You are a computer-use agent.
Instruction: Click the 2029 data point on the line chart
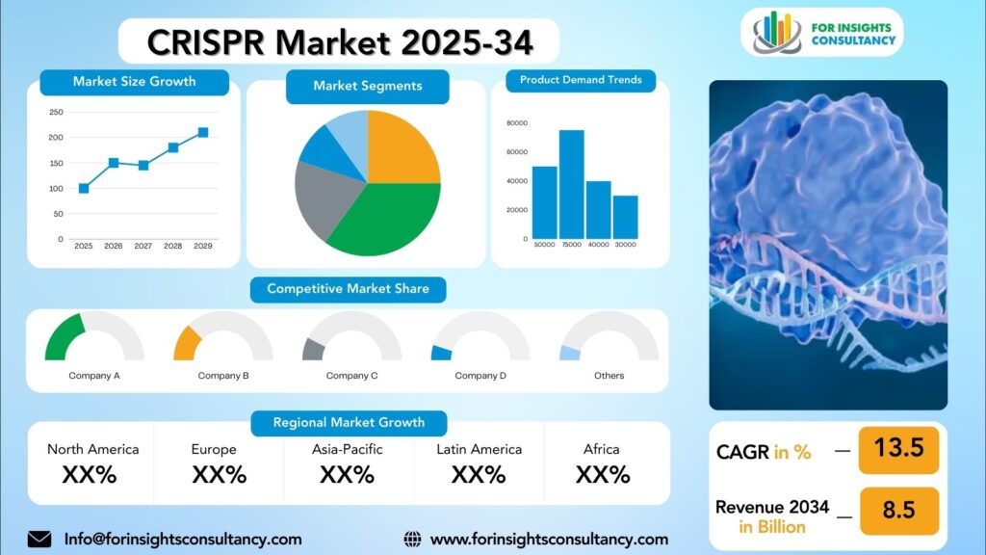pos(203,132)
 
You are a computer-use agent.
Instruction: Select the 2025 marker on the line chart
pos(84,188)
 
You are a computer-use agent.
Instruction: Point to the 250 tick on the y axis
pos(56,112)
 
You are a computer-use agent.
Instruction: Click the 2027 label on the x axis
pos(143,246)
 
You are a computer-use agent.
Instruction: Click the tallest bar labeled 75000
pos(572,184)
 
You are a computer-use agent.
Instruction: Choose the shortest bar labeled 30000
pos(625,217)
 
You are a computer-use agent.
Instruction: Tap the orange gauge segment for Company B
pos(187,344)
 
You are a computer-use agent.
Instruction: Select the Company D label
pos(480,376)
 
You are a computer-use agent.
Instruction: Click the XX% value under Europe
pos(219,474)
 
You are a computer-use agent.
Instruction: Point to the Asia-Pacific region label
pos(347,449)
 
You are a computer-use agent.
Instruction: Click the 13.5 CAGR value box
pos(898,449)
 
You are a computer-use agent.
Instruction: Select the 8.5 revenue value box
pos(898,511)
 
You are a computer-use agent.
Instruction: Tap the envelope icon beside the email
pos(39,540)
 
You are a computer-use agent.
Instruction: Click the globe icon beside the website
pos(412,540)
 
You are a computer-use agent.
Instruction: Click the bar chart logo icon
pos(777,32)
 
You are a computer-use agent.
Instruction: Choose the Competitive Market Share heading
pos(348,289)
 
